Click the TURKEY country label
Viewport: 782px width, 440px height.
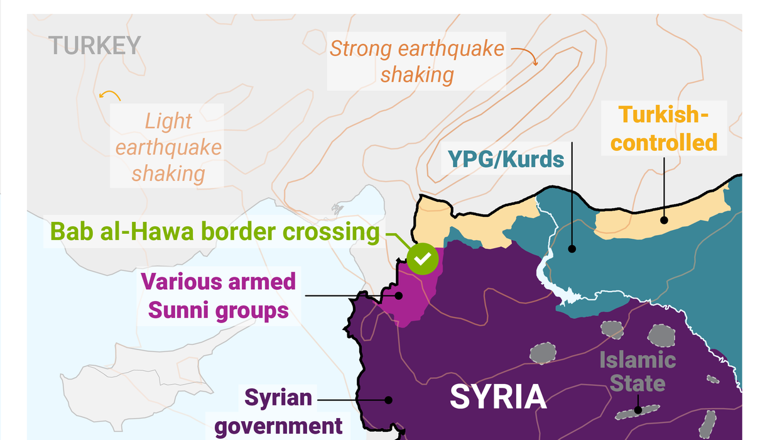[x=94, y=45]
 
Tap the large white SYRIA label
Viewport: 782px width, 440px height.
[x=497, y=397]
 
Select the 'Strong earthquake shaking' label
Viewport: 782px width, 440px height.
[x=417, y=62]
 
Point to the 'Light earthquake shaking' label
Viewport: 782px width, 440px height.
[x=168, y=147]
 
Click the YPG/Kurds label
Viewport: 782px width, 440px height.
[x=506, y=159]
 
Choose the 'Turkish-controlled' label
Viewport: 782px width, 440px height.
[x=665, y=129]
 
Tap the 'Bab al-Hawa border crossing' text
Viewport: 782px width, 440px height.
[x=215, y=231]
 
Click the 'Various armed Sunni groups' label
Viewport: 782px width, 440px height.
[x=218, y=295]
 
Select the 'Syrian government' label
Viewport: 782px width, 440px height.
[x=278, y=412]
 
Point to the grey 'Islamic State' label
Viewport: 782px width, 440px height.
[x=637, y=371]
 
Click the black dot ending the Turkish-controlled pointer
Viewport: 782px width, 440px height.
[x=663, y=220]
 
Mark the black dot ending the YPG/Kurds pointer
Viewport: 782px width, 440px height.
[x=572, y=249]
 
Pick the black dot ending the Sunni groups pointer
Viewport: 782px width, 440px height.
[x=399, y=295]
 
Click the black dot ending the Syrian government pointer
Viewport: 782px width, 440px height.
[x=388, y=399]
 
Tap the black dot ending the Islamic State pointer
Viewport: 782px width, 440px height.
[x=638, y=410]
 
